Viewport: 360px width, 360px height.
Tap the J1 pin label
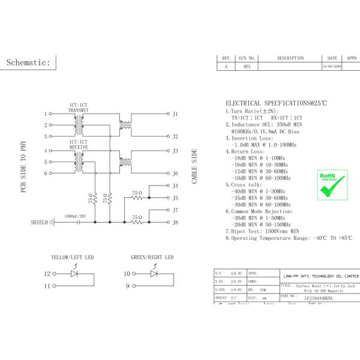tap(175, 113)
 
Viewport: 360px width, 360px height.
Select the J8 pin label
tap(175, 223)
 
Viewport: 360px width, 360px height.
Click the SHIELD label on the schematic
tap(39, 223)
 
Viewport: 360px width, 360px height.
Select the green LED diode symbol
tap(153, 274)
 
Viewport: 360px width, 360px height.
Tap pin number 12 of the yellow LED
tap(47, 274)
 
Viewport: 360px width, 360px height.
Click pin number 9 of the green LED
tap(127, 286)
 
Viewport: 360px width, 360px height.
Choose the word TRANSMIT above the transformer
tap(79, 110)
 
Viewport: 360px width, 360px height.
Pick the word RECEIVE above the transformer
tap(79, 146)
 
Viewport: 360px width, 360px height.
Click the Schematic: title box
tap(31, 62)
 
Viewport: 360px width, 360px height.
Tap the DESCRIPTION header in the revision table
tap(290, 58)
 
